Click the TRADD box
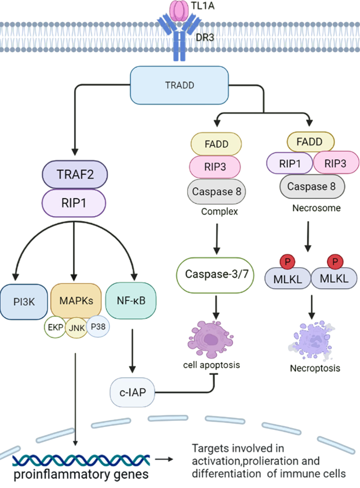[179, 85]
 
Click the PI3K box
[24, 302]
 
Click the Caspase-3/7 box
[215, 274]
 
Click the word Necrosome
[316, 209]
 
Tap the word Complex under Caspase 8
[219, 211]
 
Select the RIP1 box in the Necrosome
[290, 164]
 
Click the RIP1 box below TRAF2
[74, 203]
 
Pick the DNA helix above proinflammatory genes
[81, 461]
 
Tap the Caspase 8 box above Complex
[216, 191]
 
